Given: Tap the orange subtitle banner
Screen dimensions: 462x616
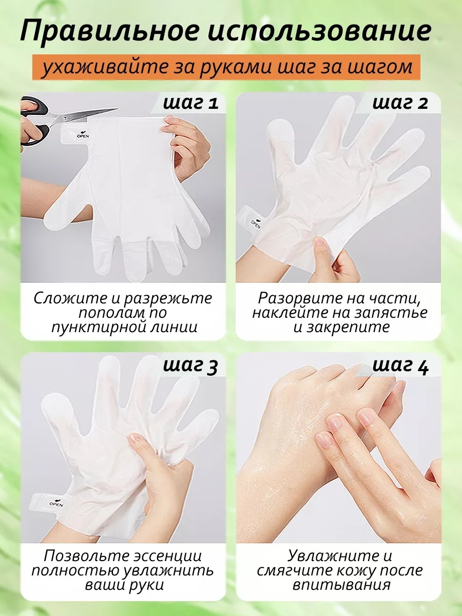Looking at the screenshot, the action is click(226, 67).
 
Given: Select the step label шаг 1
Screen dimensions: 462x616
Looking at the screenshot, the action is click(190, 103).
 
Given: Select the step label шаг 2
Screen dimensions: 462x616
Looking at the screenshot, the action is click(400, 103).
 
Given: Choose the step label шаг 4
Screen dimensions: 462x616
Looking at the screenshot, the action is click(400, 366).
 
